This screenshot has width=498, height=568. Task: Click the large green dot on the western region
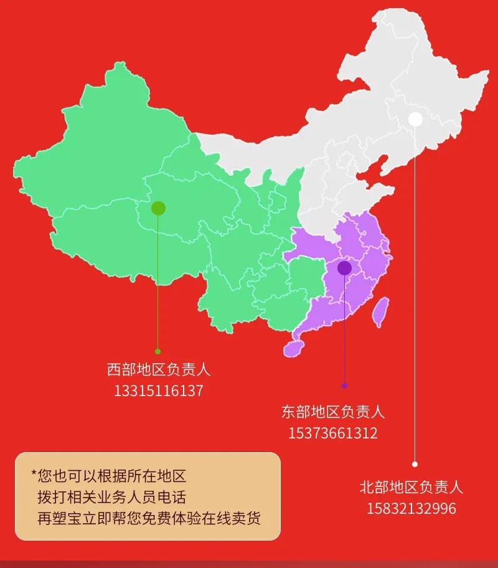tap(158, 208)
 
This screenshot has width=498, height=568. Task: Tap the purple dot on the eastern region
tap(344, 268)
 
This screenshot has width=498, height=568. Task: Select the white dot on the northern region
tap(415, 119)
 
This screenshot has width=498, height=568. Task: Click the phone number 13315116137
tap(158, 391)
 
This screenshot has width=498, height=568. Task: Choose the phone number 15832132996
tap(411, 508)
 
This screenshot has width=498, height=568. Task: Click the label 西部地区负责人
tap(158, 369)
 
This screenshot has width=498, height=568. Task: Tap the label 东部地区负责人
tap(332, 412)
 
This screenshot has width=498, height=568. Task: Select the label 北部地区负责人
tap(411, 486)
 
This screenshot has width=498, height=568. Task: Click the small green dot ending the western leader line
tap(157, 351)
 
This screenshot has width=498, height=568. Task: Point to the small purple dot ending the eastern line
tap(344, 386)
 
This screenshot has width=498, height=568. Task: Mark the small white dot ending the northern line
tap(415, 464)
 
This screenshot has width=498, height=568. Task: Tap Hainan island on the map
tap(293, 347)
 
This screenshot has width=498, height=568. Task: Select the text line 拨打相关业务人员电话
tap(111, 497)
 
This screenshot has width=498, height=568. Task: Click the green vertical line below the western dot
tap(157, 280)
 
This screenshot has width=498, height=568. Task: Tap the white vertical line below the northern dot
tap(415, 293)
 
